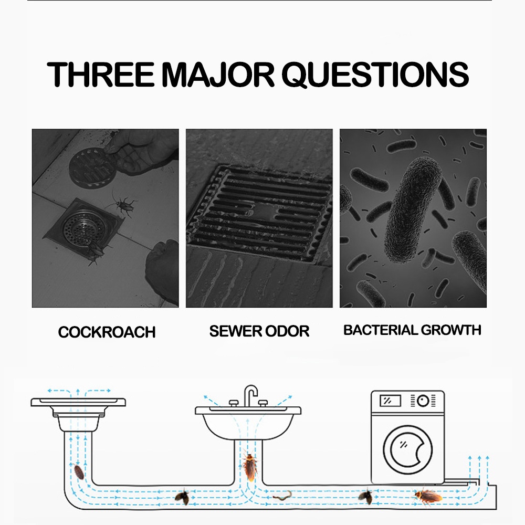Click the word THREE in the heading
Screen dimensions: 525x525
tap(100, 74)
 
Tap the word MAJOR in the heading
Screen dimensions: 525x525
tap(218, 75)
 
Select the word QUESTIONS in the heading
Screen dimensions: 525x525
tap(375, 75)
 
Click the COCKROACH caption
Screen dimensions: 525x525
tap(107, 332)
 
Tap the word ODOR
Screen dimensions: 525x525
tap(287, 331)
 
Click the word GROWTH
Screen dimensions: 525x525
tap(450, 330)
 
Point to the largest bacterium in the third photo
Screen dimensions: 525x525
tap(413, 209)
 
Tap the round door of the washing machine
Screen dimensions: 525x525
tap(407, 450)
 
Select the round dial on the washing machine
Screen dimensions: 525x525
tap(423, 401)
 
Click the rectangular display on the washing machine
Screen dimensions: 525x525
tap(390, 401)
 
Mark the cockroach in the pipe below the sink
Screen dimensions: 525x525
tap(250, 466)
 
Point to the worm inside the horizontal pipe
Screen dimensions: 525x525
tap(282, 496)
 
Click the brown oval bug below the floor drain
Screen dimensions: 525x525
tap(79, 472)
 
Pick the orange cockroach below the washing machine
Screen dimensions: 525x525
tap(428, 496)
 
